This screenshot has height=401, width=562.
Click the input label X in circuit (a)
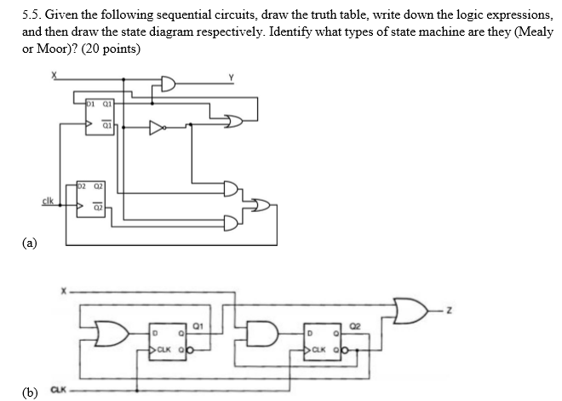tap(54, 76)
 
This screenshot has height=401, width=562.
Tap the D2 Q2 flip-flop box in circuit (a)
tap(89, 195)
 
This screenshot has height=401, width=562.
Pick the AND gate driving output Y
tap(167, 84)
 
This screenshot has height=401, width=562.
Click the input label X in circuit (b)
tap(63, 290)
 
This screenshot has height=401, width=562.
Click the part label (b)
tap(31, 392)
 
